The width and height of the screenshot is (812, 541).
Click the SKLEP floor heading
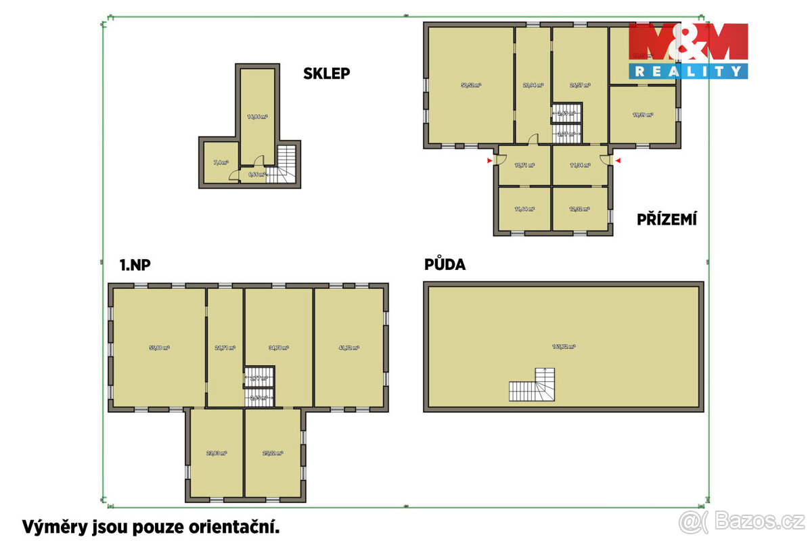[x=326, y=74]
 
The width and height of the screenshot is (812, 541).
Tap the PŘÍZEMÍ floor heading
[x=667, y=219]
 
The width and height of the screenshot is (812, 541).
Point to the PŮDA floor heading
[x=445, y=264]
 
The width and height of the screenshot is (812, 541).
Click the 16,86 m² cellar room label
[x=257, y=117]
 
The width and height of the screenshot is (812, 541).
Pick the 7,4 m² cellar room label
[x=221, y=163]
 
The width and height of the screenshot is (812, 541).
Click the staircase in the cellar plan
[x=285, y=166]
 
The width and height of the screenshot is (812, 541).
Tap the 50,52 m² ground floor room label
[x=471, y=85]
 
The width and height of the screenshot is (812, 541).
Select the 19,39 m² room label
[x=642, y=115]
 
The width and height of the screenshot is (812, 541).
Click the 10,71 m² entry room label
[x=524, y=165]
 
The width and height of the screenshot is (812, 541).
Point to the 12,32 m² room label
[x=580, y=209]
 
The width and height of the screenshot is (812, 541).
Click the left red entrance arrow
[x=489, y=160]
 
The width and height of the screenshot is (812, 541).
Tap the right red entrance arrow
[x=616, y=160]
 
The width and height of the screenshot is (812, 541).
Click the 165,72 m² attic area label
[x=563, y=346]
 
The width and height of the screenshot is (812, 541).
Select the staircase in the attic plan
[x=533, y=386]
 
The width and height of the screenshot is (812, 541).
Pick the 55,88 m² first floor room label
[x=159, y=348]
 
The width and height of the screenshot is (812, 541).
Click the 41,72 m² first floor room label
[x=348, y=348]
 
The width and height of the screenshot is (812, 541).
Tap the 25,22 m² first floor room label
[x=273, y=453]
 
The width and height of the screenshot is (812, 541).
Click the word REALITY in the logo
[x=688, y=71]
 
